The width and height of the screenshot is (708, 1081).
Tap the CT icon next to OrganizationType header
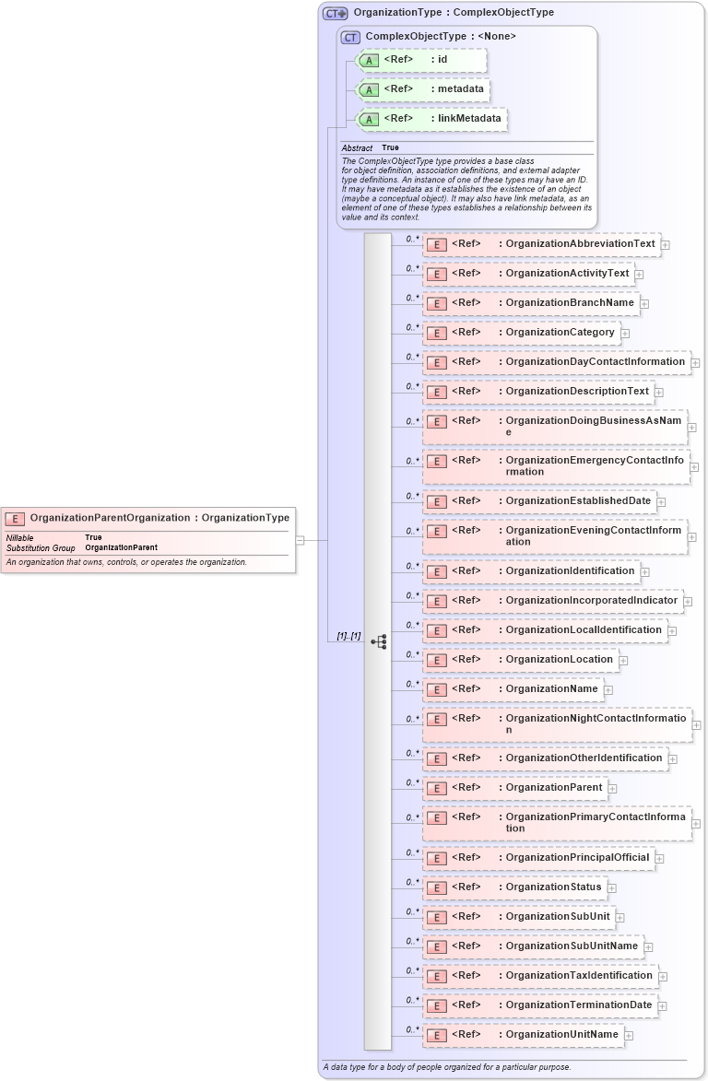[335, 14]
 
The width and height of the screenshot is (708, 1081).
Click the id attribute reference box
[421, 60]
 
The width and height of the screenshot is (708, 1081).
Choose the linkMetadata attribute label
[469, 119]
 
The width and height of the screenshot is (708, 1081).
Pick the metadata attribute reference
[421, 89]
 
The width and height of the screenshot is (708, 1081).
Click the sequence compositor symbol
[378, 641]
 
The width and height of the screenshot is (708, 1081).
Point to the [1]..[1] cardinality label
[348, 637]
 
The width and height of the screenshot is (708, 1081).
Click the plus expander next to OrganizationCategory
[625, 334]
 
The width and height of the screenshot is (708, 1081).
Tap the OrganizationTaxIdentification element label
[579, 976]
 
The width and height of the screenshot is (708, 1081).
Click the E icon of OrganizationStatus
[436, 888]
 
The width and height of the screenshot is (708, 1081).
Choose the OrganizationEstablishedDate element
[538, 501]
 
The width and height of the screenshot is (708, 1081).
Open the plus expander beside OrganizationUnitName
[629, 1036]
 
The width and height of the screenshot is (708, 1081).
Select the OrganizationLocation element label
[559, 660]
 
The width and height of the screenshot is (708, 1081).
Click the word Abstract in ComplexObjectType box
[357, 148]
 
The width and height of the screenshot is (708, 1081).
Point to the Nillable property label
[20, 537]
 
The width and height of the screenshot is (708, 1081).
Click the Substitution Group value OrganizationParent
[121, 548]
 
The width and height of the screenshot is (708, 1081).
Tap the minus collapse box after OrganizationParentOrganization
[300, 541]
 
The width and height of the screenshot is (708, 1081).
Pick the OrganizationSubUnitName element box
[533, 946]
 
